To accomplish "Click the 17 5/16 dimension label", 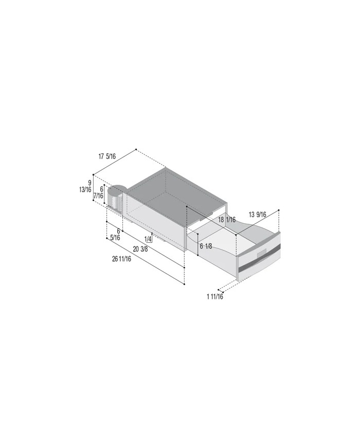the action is [x=107, y=156].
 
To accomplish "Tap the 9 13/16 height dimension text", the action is [x=85, y=186].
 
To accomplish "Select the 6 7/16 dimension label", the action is [x=98, y=192].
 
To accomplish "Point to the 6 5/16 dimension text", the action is [x=115, y=235].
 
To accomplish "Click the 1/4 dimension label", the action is [x=148, y=239].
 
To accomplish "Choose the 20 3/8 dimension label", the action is [x=140, y=249].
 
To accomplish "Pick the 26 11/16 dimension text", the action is [x=122, y=259].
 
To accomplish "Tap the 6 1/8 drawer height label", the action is [x=206, y=246].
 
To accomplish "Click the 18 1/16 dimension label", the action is [x=227, y=220].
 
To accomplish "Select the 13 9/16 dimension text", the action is [x=257, y=214].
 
